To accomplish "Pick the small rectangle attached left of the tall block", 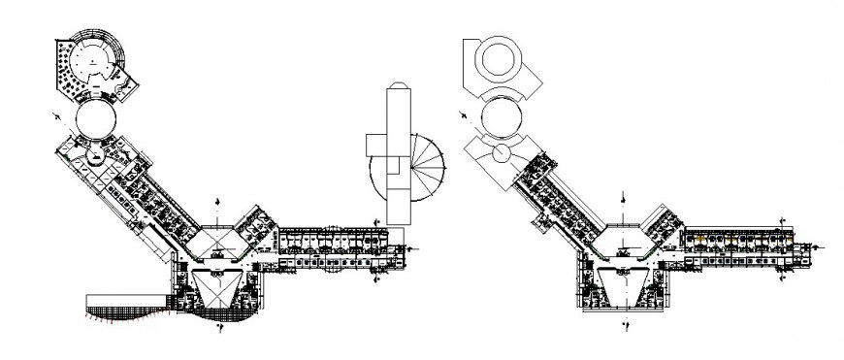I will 375,144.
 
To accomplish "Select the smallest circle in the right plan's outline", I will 502,153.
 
